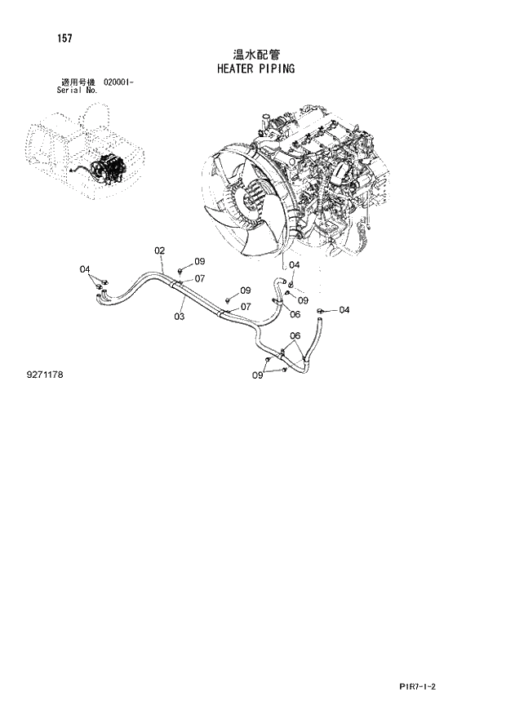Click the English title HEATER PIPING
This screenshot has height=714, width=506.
(255, 69)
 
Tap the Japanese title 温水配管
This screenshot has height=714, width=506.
(255, 54)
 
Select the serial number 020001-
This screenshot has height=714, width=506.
(119, 83)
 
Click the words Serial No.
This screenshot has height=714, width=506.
(77, 91)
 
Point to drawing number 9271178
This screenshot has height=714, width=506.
(44, 374)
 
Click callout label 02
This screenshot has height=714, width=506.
(160, 251)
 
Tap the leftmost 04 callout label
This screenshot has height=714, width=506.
(85, 268)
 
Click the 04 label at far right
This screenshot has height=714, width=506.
(344, 310)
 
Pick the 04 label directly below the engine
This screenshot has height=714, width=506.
(295, 265)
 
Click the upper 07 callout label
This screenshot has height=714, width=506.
(198, 278)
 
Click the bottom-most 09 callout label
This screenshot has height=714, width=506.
(257, 375)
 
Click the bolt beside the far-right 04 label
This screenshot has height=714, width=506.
(322, 310)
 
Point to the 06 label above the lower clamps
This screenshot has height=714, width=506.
(295, 335)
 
